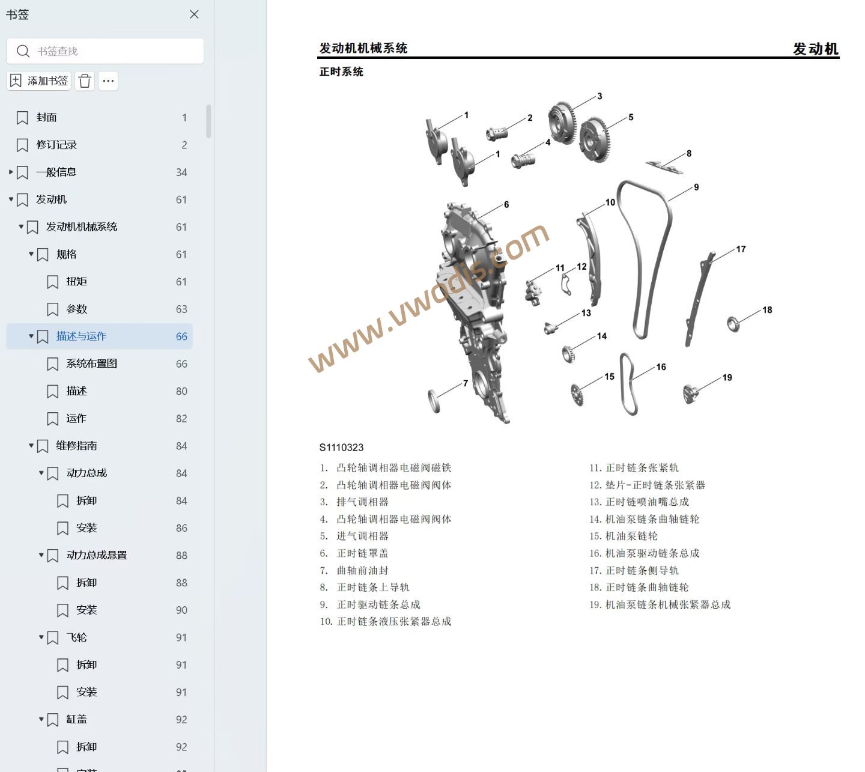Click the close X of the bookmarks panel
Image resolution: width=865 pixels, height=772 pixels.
[194, 14]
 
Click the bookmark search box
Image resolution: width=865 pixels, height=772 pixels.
[105, 51]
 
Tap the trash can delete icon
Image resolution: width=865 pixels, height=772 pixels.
[85, 81]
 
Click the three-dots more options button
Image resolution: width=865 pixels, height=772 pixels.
[108, 81]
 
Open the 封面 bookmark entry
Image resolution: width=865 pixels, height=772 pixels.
[46, 117]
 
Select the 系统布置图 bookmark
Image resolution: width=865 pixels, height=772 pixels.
[91, 364]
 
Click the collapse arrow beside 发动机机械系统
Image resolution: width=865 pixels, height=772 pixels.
[21, 226]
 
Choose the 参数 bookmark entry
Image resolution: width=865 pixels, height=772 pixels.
[76, 309]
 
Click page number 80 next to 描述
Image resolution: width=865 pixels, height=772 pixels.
[181, 391]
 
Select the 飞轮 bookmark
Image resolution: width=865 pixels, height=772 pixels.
[76, 637]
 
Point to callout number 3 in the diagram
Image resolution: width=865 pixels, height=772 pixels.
[599, 96]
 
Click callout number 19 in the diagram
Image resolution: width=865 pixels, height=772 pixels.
[727, 377]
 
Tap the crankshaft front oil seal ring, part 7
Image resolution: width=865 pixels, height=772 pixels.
[434, 401]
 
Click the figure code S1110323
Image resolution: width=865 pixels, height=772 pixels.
[341, 448]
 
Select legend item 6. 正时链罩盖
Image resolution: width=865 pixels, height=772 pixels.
[354, 553]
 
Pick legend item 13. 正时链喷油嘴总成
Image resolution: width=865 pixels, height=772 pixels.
[639, 502]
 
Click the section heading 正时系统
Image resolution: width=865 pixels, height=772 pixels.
[341, 71]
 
